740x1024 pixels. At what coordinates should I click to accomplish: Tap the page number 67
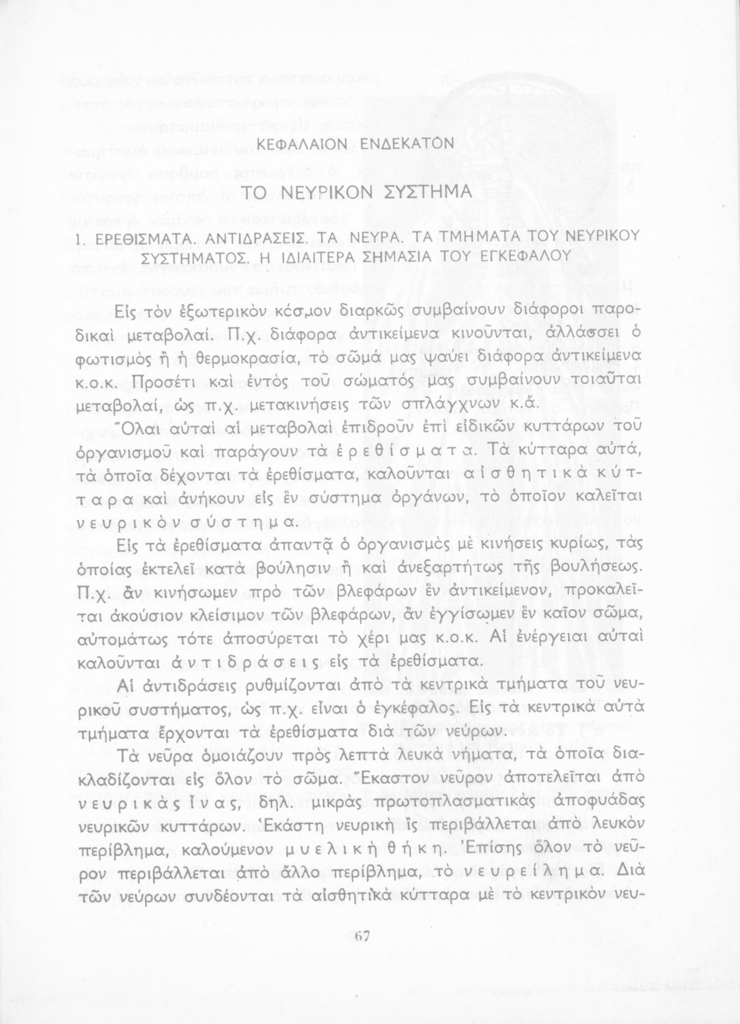[x=362, y=937]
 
